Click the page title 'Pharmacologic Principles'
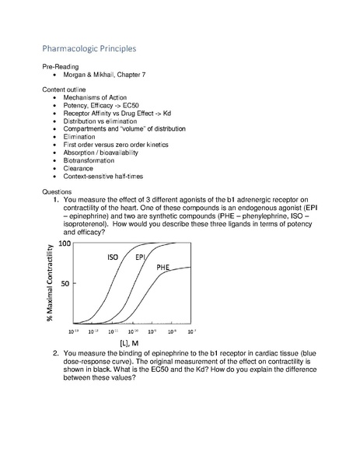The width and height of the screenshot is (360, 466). pyautogui.click(x=89, y=48)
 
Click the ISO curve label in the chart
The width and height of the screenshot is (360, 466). pyautogui.click(x=114, y=257)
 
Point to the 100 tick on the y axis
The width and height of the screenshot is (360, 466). pyautogui.click(x=65, y=244)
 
